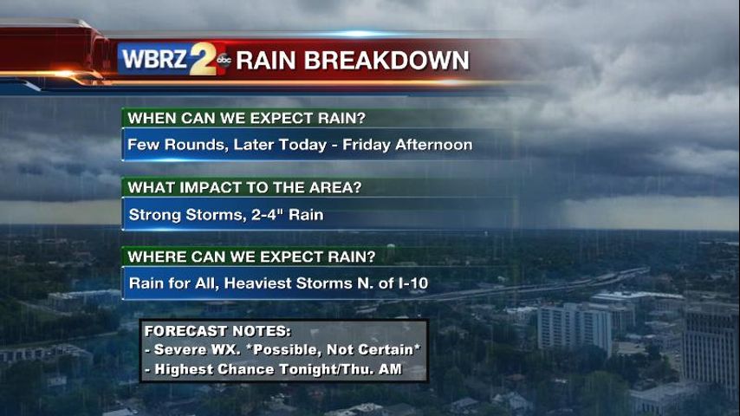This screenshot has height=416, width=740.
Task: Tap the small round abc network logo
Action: click(224, 60)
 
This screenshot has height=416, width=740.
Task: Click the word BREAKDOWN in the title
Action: click(387, 61)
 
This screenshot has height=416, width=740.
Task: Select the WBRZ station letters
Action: click(155, 60)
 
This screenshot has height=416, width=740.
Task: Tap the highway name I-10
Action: click(413, 283)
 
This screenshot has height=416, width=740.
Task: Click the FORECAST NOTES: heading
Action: click(217, 331)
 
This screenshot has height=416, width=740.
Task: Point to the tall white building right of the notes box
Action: click(574, 328)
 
